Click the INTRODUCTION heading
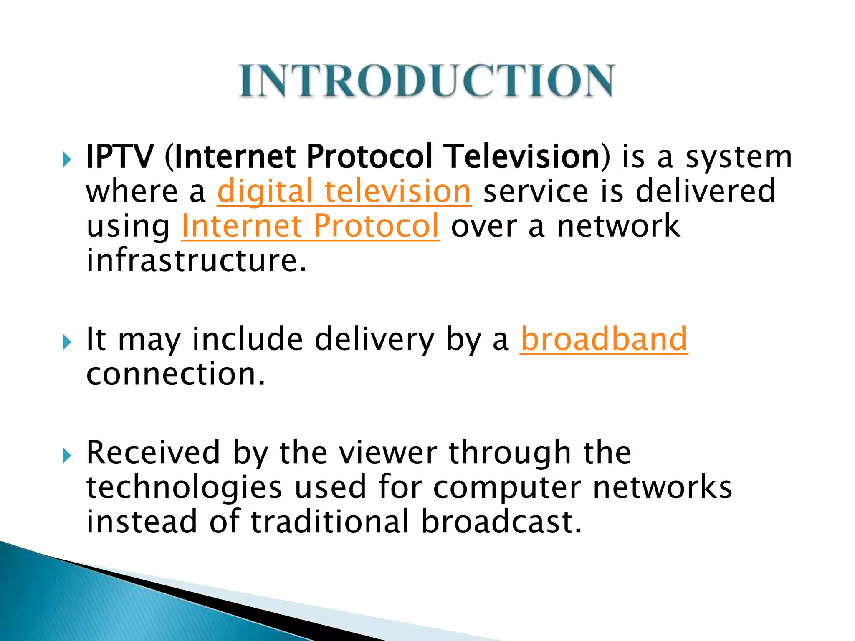[x=426, y=81]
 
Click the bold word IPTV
[x=119, y=156]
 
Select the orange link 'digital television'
[x=344, y=192]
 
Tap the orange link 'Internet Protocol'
[x=310, y=226]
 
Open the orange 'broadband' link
[x=604, y=339]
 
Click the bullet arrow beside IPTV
[x=67, y=159]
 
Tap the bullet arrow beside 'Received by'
[x=67, y=456]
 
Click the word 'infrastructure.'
[x=197, y=260]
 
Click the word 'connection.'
[x=176, y=374]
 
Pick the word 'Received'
[x=153, y=452]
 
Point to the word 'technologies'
[x=184, y=487]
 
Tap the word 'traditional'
[x=330, y=522]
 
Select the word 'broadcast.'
[x=501, y=522]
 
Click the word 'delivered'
[x=705, y=191]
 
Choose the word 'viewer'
[x=388, y=452]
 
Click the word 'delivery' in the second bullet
[x=374, y=340]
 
